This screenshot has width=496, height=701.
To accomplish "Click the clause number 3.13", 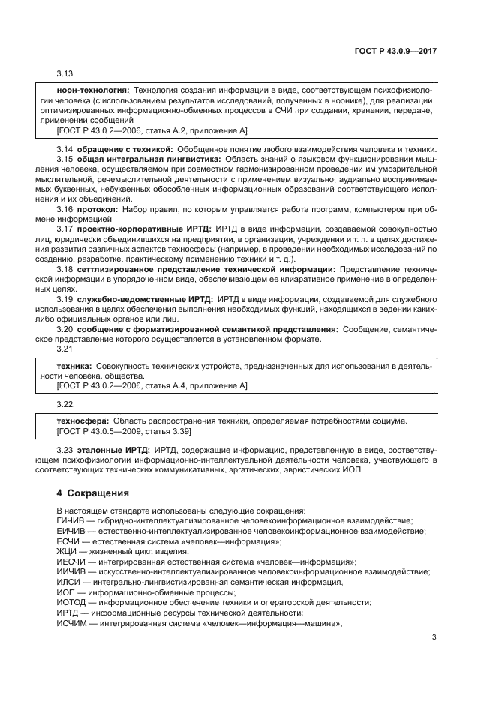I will pos(66,74).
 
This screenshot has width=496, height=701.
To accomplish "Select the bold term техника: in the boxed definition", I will pos(75,365).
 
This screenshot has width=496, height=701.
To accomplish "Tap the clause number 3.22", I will pos(66,405).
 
